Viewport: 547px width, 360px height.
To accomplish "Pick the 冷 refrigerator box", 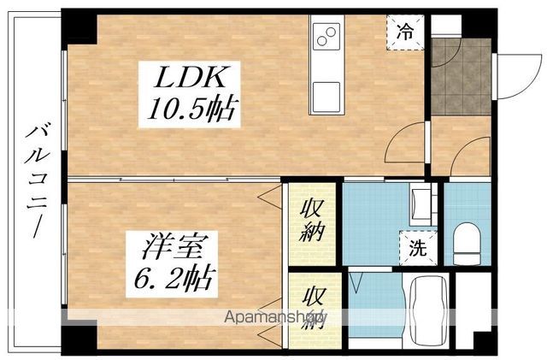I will click(407, 33).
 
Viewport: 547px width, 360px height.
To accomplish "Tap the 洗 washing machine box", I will click(417, 251).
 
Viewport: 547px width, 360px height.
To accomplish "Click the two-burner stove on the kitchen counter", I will click(326, 36).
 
